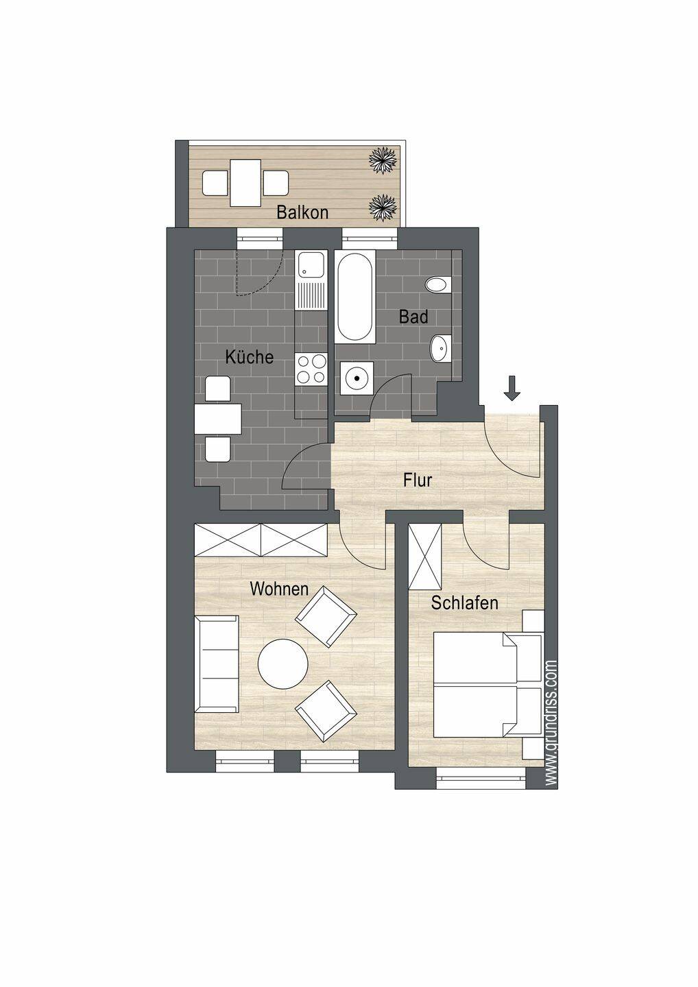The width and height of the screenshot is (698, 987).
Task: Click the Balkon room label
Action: click(x=302, y=212)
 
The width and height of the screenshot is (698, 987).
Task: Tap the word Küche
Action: click(x=250, y=356)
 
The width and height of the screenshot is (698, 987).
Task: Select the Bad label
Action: click(x=413, y=317)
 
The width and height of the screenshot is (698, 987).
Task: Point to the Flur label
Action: click(x=418, y=480)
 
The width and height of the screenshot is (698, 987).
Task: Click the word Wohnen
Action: click(x=279, y=589)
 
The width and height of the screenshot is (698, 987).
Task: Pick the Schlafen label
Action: click(x=464, y=602)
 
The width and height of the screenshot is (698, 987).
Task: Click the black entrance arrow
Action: click(x=512, y=388)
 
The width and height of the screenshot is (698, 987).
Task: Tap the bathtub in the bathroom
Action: click(x=354, y=297)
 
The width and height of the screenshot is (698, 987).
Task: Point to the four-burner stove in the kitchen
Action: click(x=311, y=369)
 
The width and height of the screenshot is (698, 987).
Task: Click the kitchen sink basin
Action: click(x=311, y=265)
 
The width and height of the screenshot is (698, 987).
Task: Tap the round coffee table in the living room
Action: click(x=283, y=665)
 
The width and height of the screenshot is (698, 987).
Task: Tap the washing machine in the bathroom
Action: click(x=357, y=378)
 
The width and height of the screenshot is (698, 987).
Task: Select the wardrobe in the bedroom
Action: click(x=425, y=557)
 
